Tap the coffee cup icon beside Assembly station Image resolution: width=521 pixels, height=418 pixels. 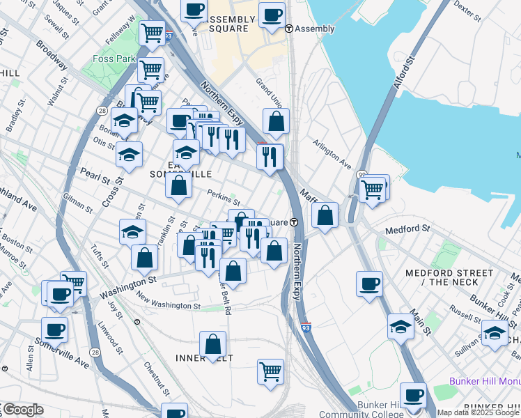tap(272, 14)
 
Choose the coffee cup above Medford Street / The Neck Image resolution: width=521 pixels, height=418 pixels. tap(369, 283)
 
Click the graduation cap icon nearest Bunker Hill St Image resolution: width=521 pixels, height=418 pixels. tap(495, 332)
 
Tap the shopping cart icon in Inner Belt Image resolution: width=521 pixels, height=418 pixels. tap(270, 370)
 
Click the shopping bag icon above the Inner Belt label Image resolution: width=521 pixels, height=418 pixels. tap(213, 343)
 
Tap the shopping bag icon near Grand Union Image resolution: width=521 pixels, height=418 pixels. tap(277, 121)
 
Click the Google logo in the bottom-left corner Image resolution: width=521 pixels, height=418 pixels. tap(22, 410)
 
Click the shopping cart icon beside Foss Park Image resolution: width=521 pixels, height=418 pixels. tap(150, 69)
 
